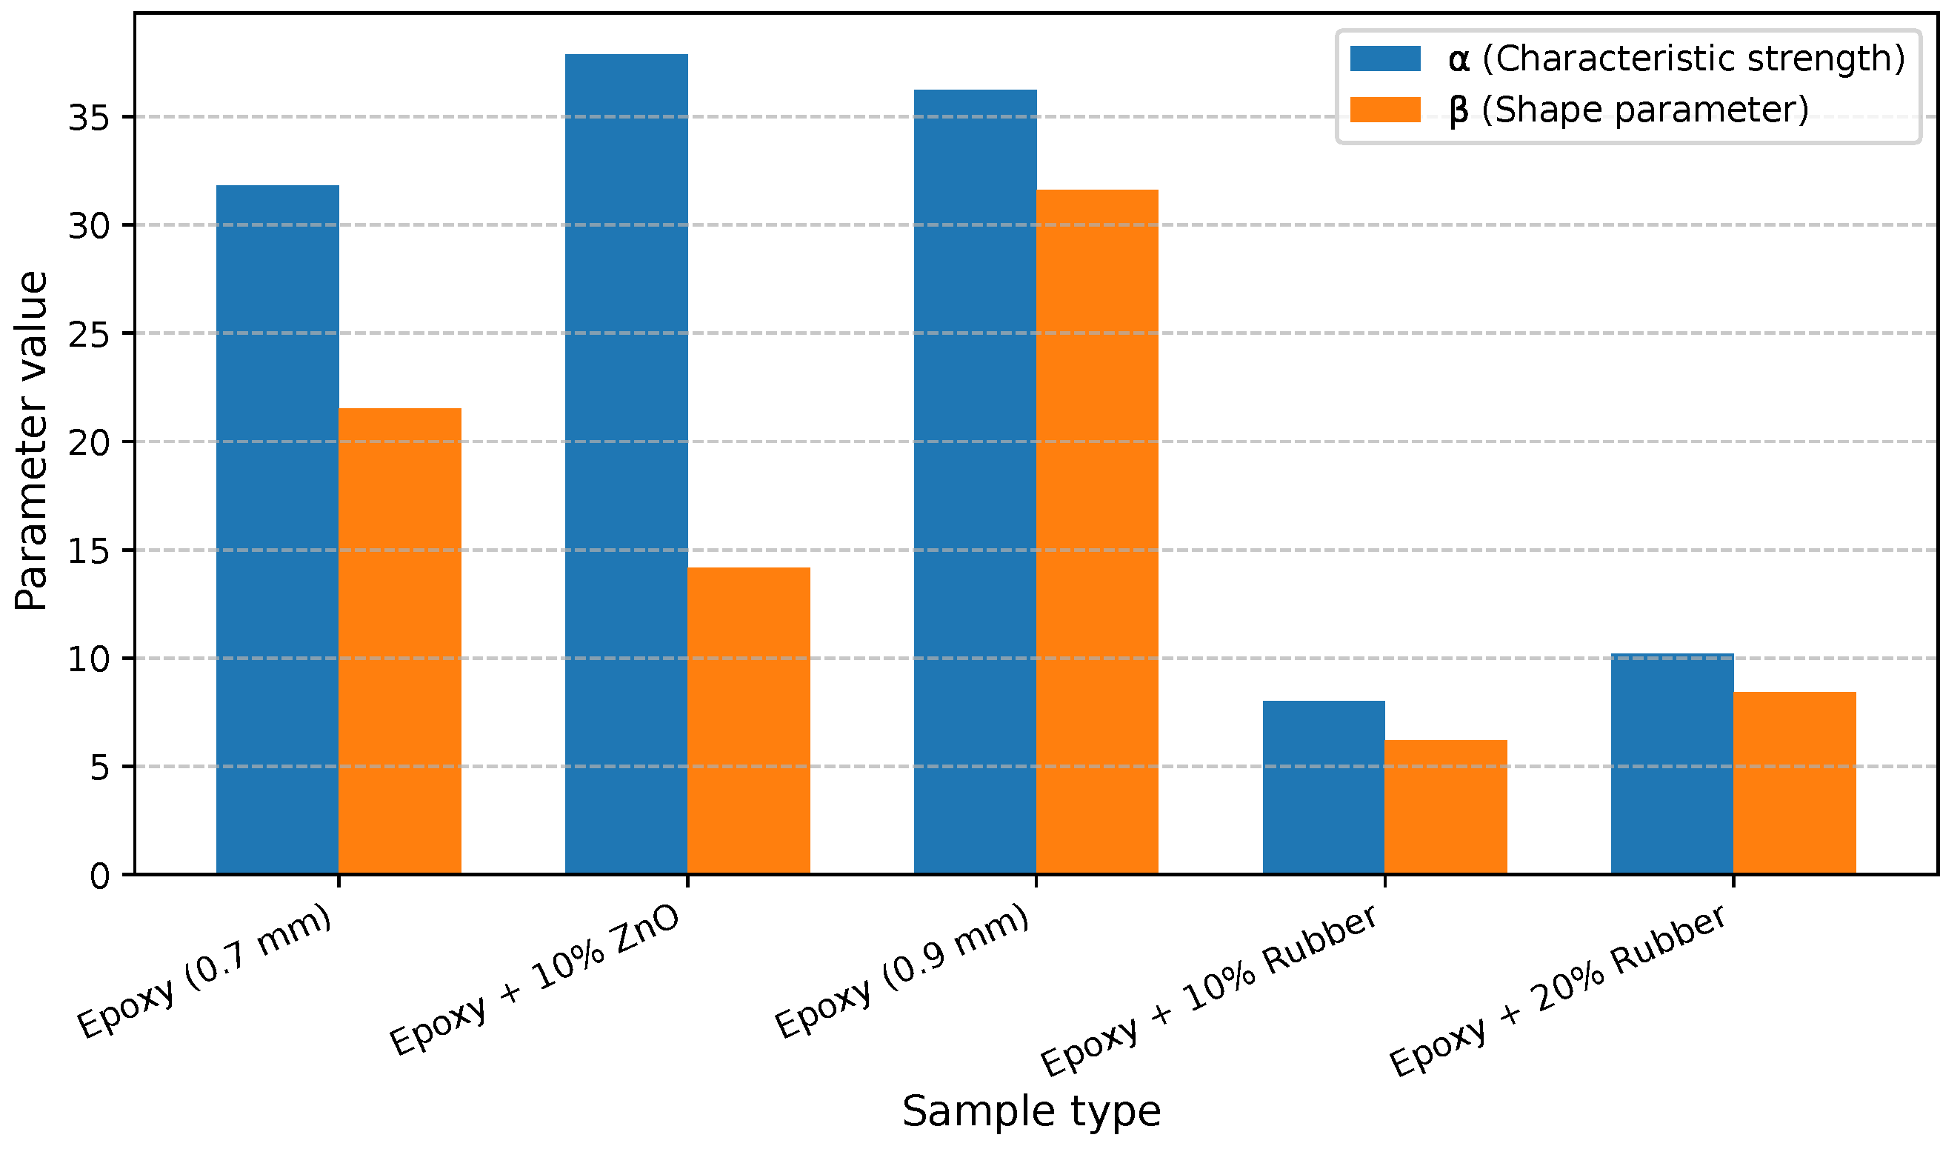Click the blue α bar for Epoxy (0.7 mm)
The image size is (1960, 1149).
278,529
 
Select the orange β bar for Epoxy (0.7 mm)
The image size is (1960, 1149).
400,641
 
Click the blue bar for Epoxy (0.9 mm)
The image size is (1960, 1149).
976,482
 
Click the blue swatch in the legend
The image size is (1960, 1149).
1385,59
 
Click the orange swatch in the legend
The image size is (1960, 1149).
1385,110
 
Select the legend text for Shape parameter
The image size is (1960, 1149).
1630,110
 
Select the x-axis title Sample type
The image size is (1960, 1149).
1031,1112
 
